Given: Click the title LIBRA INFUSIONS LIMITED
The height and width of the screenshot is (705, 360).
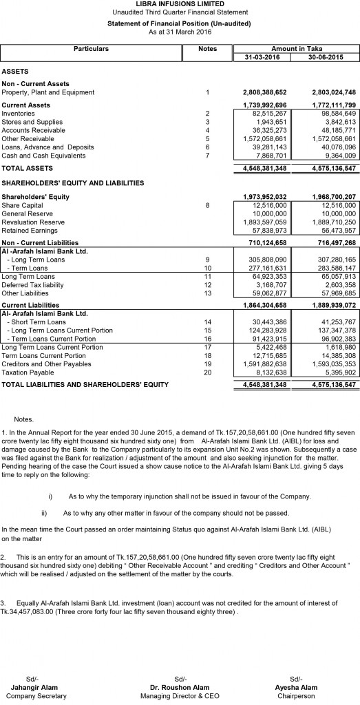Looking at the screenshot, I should coord(179,5).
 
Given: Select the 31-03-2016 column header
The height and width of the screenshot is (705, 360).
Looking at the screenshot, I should coord(262,57).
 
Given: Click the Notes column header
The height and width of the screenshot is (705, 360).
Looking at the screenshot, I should coord(207,49).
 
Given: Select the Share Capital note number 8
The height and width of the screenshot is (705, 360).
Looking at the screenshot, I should coord(207,204).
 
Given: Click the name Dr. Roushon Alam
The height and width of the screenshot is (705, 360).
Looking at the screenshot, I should coord(180,688).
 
